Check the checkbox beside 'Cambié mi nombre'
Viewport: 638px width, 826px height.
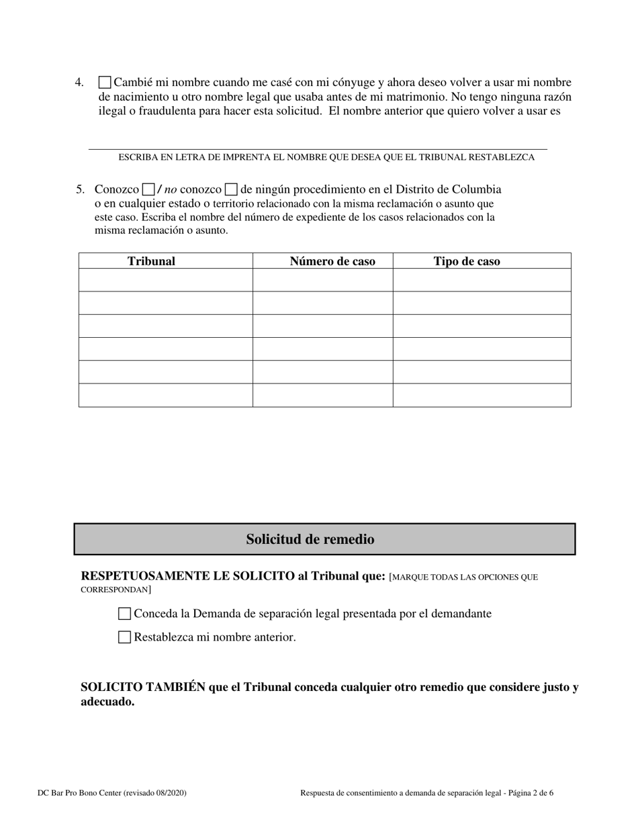[x=105, y=83]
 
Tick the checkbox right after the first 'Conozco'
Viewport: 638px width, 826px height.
[x=148, y=190]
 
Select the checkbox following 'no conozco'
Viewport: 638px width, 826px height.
[x=231, y=190]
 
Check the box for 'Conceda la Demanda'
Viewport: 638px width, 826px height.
[x=124, y=614]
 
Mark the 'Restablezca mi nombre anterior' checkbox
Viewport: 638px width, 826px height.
[x=124, y=637]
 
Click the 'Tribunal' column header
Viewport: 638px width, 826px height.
[x=151, y=261]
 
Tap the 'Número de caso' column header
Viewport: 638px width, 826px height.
[x=332, y=261]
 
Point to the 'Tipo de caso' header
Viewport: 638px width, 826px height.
[x=467, y=261]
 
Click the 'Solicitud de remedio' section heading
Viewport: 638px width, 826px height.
[x=310, y=539]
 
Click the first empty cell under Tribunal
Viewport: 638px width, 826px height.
[x=165, y=280]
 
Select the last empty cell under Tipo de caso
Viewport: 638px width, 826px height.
[x=482, y=396]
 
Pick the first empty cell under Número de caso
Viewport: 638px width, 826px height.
[x=322, y=280]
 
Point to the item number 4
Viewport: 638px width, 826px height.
[x=79, y=83]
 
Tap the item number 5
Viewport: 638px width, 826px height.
[x=80, y=189]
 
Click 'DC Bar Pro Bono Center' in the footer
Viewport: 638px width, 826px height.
[x=80, y=793]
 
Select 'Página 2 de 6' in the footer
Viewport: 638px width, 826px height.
[x=531, y=793]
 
